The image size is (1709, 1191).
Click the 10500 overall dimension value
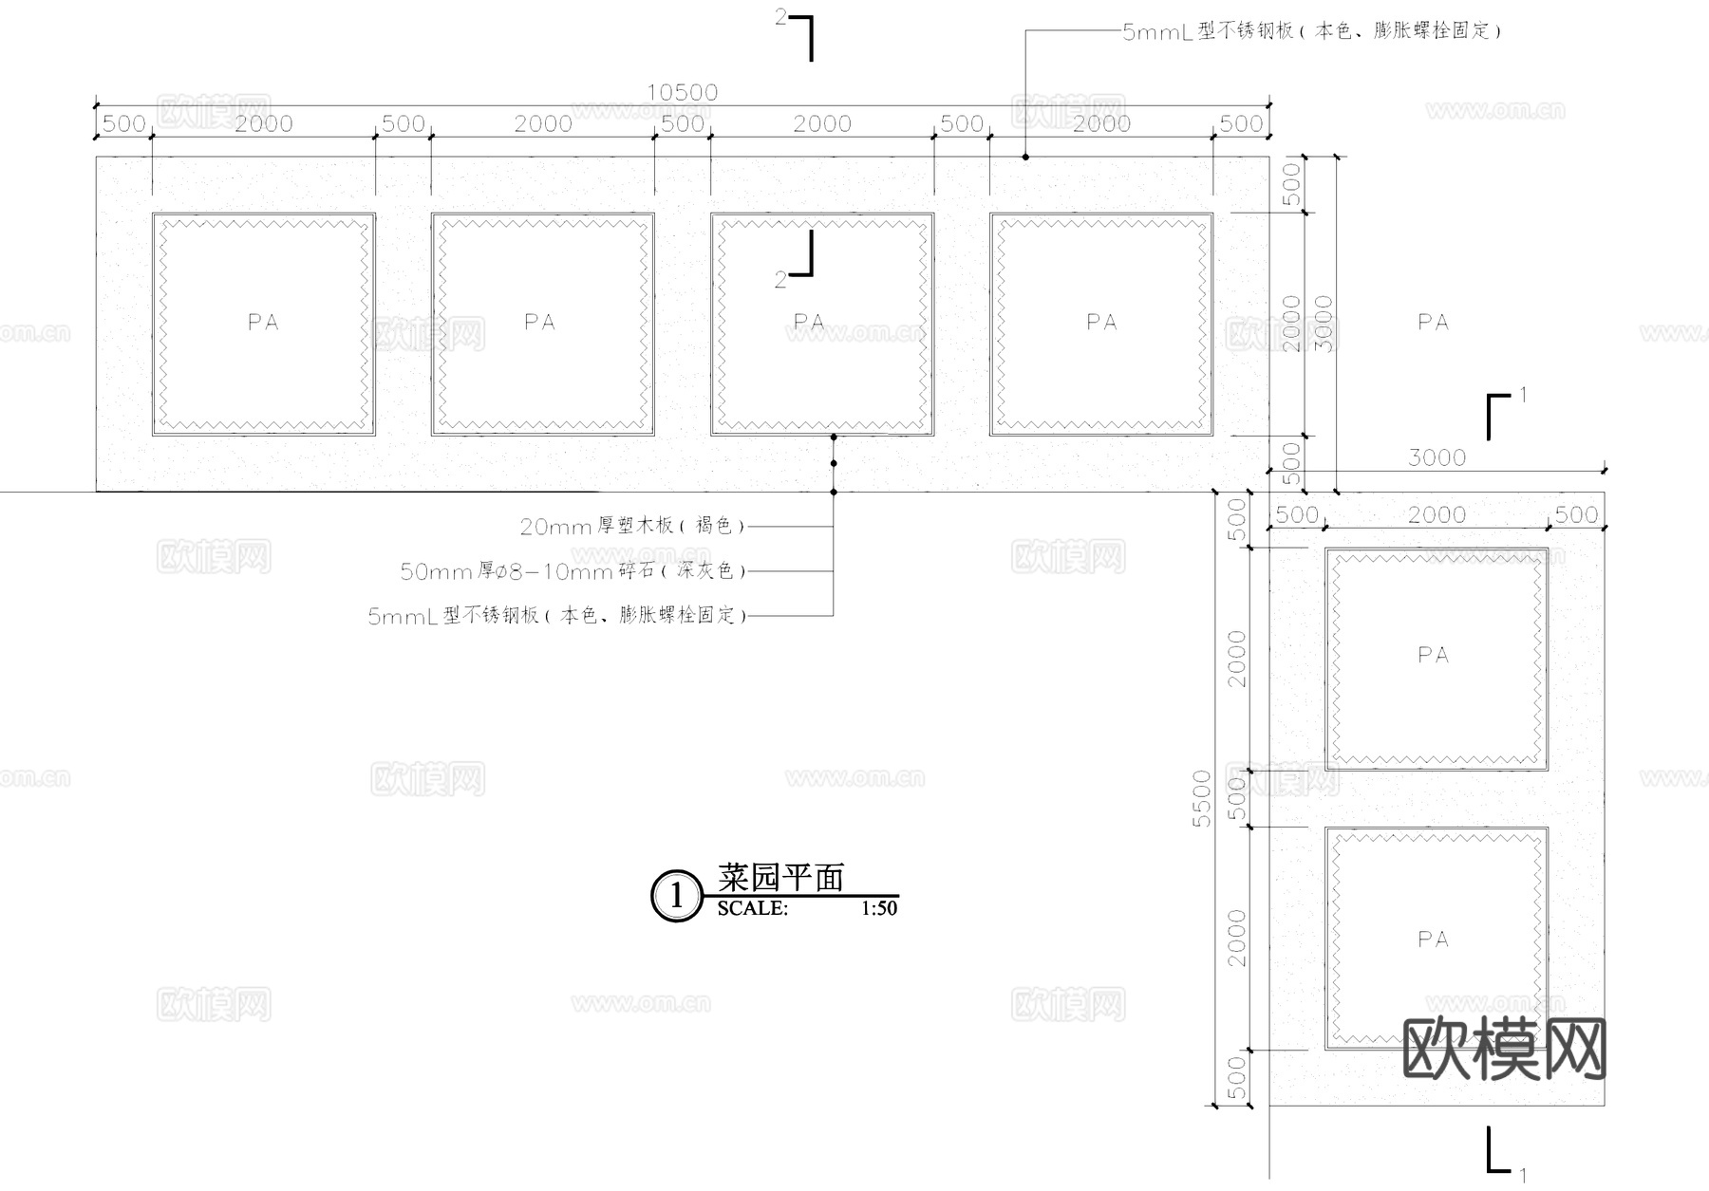[x=682, y=92]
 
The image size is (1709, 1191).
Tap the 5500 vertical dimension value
[x=1202, y=798]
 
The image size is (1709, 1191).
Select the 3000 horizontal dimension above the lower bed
[x=1437, y=457]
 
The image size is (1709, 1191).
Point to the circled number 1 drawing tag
[x=676, y=896]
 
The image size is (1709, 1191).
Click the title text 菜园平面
[x=780, y=878]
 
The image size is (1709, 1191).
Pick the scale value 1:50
[x=879, y=908]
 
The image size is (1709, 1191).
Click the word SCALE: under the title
[x=752, y=908]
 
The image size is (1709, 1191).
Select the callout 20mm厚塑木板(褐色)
[x=632, y=526]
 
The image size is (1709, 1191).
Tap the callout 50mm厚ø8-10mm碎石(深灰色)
[x=573, y=571]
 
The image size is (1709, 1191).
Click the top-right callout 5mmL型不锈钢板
[x=1311, y=31]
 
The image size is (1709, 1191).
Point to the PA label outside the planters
[x=1433, y=323]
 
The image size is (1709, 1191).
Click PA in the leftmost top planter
[x=263, y=323]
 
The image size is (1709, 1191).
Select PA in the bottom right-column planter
[x=1433, y=940]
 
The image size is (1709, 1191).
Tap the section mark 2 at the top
[x=781, y=18]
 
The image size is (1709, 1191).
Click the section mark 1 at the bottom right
[x=1523, y=1173]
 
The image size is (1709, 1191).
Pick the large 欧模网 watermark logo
[x=1504, y=1049]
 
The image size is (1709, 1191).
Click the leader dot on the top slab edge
[x=1025, y=157]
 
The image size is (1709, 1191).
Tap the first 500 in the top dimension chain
[x=123, y=123]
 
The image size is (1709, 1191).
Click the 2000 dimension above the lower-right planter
[x=1437, y=514]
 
